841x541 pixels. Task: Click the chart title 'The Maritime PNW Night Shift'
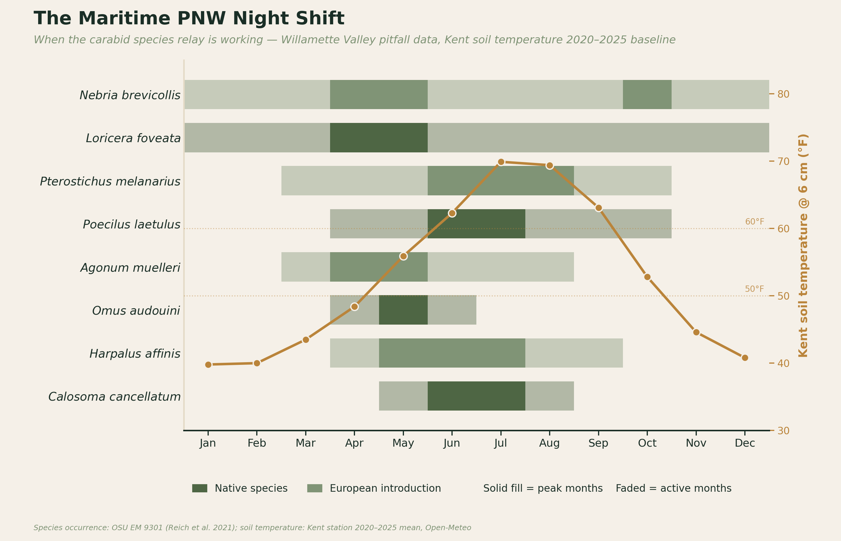[189, 19]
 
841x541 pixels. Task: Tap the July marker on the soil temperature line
[501, 162]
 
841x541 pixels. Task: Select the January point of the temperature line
[208, 365]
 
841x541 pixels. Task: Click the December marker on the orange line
[745, 358]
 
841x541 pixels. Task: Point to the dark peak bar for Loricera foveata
[379, 138]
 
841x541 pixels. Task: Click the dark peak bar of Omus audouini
[403, 310]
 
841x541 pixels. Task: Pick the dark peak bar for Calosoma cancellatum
[476, 396]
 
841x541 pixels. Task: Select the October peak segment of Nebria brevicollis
[647, 94]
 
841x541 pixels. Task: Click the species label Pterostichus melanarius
[110, 182]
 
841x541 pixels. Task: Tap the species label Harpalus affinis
[135, 354]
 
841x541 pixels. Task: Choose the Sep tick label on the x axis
[598, 443]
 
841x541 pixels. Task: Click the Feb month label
[257, 443]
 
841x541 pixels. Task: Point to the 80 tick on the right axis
[783, 94]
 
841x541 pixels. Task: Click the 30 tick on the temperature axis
[783, 431]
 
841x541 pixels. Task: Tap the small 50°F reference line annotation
[754, 289]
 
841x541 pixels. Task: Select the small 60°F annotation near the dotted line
[754, 222]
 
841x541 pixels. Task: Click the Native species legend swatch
[200, 488]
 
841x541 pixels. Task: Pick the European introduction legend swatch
[314, 488]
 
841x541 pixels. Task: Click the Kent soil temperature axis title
[803, 246]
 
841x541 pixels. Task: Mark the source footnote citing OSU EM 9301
[252, 528]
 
